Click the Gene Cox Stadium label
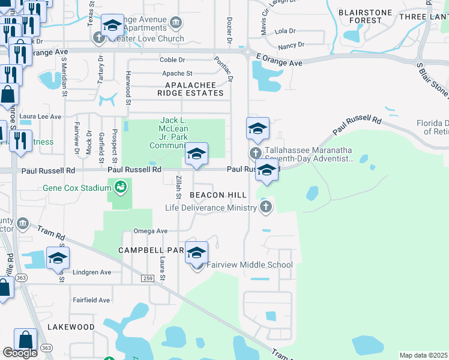click(x=77, y=188)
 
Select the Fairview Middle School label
click(x=250, y=265)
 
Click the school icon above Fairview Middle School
click(x=196, y=253)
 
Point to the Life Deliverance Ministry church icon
click(x=265, y=208)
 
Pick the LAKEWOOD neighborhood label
click(x=73, y=327)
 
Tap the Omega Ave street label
click(x=150, y=231)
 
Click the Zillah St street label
click(x=178, y=188)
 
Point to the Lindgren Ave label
click(x=92, y=272)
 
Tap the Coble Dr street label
click(x=172, y=60)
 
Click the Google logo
click(x=20, y=353)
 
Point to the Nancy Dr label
click(x=291, y=45)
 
